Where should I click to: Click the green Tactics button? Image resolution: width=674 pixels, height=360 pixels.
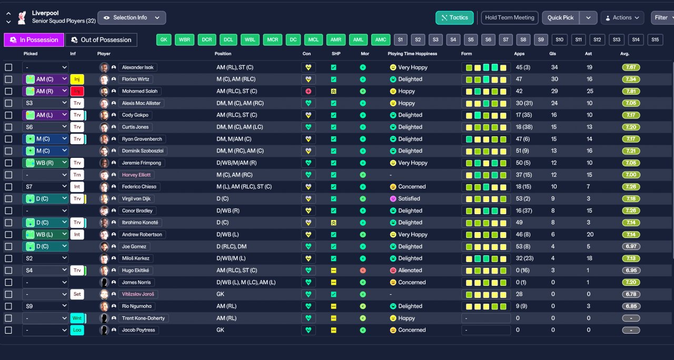454,18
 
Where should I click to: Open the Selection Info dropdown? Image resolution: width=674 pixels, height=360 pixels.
132,18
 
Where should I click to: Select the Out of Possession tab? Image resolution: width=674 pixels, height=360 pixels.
102,39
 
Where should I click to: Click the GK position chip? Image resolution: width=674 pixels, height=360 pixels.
164,39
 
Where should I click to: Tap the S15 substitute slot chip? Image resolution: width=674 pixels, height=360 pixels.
655,39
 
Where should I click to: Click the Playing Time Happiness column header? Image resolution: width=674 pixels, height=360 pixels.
412,54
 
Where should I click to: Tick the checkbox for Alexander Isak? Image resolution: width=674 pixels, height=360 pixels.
9,67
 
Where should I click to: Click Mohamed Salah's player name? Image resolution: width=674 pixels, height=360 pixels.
140,91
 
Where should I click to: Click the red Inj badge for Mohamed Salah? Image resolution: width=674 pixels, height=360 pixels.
77,91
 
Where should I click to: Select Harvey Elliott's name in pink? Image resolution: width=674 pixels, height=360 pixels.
136,175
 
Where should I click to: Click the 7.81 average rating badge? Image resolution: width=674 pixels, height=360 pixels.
631,91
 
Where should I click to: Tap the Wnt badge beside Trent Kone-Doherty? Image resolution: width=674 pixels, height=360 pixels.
77,318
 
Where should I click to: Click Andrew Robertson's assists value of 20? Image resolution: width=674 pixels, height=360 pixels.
590,235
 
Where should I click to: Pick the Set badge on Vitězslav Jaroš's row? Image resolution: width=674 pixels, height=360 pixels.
77,294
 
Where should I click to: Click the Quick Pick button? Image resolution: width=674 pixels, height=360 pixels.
560,18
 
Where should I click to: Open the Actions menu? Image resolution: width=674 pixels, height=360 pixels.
622,18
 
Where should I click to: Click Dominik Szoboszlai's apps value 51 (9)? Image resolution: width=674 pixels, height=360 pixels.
523,151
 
